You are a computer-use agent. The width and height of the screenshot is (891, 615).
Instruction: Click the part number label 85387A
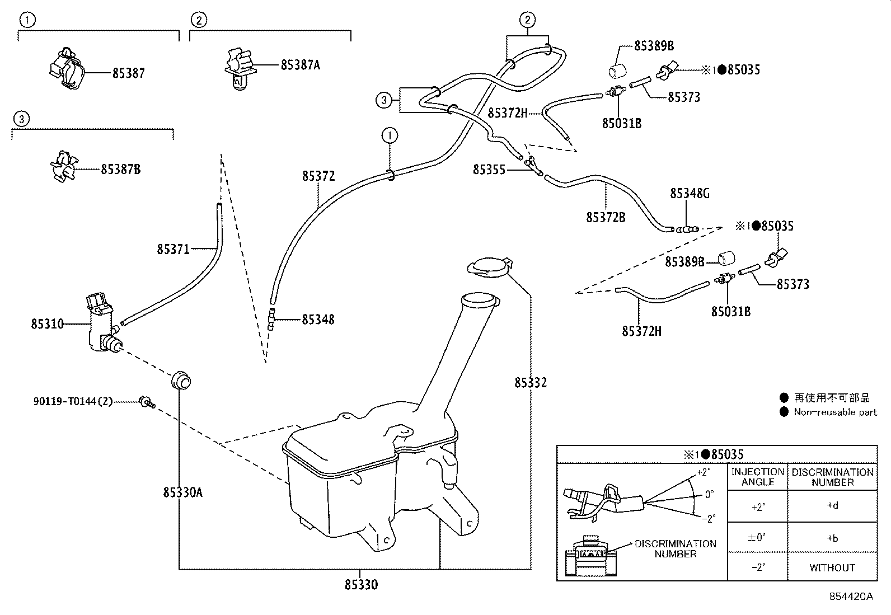(x=300, y=65)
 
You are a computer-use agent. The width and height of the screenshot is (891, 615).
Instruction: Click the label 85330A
(x=182, y=492)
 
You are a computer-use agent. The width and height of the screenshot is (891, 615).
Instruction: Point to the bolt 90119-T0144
(x=147, y=401)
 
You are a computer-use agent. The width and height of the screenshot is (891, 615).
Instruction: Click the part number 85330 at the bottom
(x=361, y=585)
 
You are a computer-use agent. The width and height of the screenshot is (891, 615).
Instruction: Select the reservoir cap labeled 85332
(x=490, y=266)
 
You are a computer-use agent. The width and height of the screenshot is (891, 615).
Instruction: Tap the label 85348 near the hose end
(x=318, y=320)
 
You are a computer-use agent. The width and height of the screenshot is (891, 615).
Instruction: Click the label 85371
(x=173, y=249)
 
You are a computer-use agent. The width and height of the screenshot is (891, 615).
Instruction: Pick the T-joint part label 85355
(x=489, y=169)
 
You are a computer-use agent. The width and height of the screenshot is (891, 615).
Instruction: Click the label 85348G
(x=690, y=194)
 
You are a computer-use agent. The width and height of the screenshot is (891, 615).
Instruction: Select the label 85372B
(x=606, y=218)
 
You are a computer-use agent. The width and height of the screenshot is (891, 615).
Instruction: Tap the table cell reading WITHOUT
(x=832, y=567)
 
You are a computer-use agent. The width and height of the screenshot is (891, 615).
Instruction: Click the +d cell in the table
(x=832, y=505)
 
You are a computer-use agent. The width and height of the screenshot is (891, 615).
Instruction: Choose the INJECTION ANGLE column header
(x=757, y=477)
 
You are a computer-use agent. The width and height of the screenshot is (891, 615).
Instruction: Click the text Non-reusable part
(x=835, y=412)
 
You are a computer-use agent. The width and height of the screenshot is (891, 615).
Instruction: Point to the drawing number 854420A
(x=851, y=597)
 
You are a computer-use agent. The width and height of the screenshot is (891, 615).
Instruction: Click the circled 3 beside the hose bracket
(x=383, y=101)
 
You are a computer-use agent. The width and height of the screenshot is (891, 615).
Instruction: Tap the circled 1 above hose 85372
(x=390, y=135)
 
